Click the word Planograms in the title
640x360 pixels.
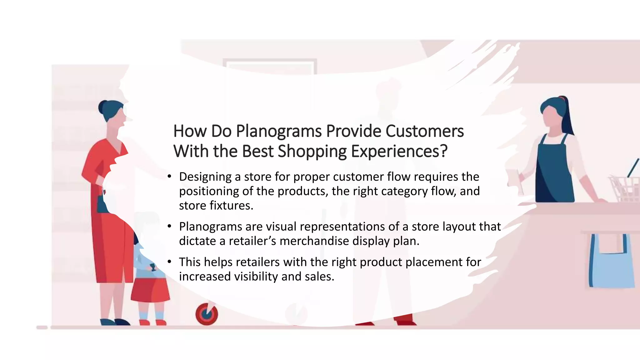coord(278,131)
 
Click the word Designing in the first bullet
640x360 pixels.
coord(205,177)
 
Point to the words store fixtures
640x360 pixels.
coord(216,206)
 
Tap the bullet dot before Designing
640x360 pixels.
coord(169,177)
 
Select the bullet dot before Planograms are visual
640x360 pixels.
coord(169,226)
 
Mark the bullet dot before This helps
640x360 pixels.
coord(169,262)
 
